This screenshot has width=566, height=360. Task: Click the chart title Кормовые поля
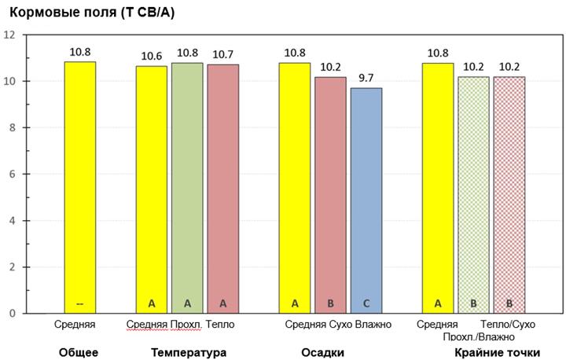tap(92, 13)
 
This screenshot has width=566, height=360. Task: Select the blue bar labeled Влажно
tap(366, 200)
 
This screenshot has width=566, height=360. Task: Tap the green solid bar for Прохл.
tap(187, 188)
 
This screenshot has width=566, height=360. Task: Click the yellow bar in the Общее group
tap(79, 187)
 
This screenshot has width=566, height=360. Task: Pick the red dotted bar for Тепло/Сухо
tap(509, 195)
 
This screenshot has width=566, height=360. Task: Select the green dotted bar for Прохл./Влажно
tap(473, 195)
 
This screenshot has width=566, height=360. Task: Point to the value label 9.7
tap(366, 78)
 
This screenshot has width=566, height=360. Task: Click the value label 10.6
tap(152, 56)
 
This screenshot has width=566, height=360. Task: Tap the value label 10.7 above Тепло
tap(222, 54)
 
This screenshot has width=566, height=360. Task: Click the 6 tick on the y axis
tap(13, 174)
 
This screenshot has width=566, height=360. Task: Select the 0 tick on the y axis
tap(13, 314)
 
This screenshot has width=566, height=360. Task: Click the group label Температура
tap(189, 352)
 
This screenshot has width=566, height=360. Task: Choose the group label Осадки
tap(323, 352)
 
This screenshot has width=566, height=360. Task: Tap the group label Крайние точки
tap(497, 352)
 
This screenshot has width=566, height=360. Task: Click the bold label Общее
tap(79, 352)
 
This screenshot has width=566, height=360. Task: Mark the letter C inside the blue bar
tap(366, 303)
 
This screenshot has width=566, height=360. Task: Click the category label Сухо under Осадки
tap(340, 325)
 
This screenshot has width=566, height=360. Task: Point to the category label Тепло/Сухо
tap(508, 325)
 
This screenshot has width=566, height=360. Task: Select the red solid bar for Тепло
tap(222, 189)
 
